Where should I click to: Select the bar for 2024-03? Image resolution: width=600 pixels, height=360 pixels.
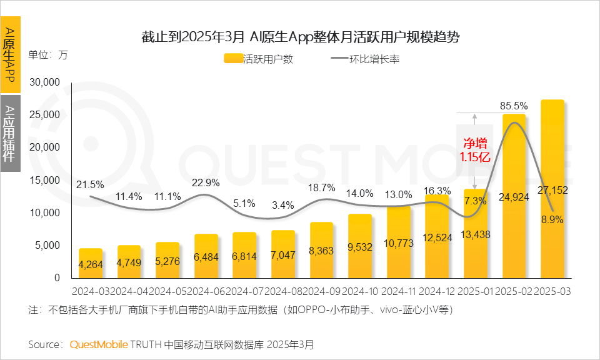pos(91,263)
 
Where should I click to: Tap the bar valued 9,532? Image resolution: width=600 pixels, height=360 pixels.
pos(359,246)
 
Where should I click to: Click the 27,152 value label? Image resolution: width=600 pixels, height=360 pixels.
pos(552,190)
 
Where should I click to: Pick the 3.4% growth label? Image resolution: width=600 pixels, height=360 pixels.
pos(283,204)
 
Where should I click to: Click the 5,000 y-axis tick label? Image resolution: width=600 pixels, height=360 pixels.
pos(49,245)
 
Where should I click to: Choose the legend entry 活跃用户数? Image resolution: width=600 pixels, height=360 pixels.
pos(258,59)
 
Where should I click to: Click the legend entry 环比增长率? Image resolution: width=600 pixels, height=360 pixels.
pos(366,59)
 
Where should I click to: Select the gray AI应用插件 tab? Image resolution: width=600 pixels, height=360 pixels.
pos(10,133)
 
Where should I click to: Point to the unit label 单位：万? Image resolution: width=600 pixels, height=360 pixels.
pos(47,54)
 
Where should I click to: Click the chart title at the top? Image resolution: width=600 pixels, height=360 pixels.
pos(300,37)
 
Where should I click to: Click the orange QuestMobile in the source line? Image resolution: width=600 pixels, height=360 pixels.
pos(99,344)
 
